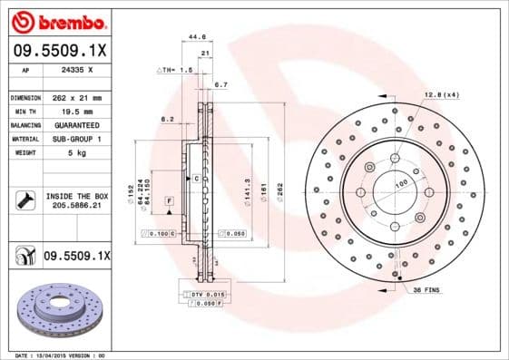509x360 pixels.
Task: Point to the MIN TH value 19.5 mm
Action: [76, 111]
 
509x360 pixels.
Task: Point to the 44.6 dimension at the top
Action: [194, 37]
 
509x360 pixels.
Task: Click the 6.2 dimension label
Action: [168, 118]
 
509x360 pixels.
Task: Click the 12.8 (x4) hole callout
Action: [440, 95]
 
